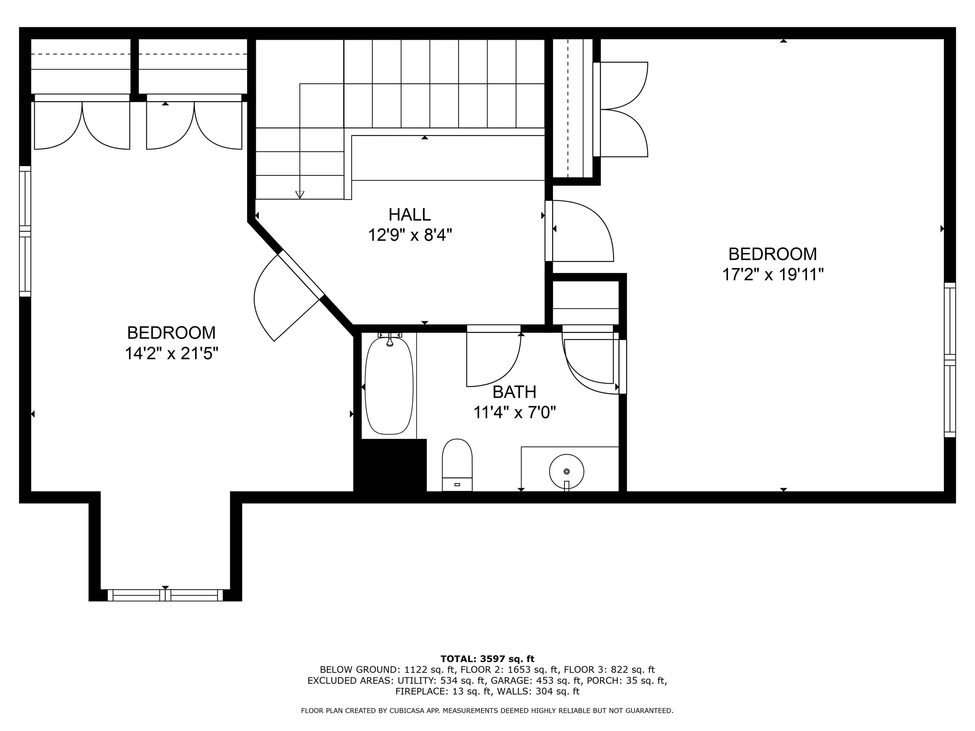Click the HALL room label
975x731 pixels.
pyautogui.click(x=409, y=214)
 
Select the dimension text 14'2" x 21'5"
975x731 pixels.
pyautogui.click(x=171, y=353)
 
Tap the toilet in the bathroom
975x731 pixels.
pyautogui.click(x=457, y=465)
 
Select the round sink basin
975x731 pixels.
pyautogui.click(x=567, y=471)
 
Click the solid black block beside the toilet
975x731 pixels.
pyautogui.click(x=390, y=465)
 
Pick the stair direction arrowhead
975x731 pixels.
pyautogui.click(x=300, y=195)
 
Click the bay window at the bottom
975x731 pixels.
pyautogui.click(x=165, y=595)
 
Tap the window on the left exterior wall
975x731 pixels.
pyautogui.click(x=25, y=231)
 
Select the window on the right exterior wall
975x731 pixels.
pyautogui.click(x=949, y=360)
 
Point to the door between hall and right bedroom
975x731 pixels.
pyautogui.click(x=579, y=231)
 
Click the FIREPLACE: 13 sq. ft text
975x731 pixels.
pyautogui.click(x=443, y=691)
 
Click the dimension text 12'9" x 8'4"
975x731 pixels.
pyautogui.click(x=410, y=235)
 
